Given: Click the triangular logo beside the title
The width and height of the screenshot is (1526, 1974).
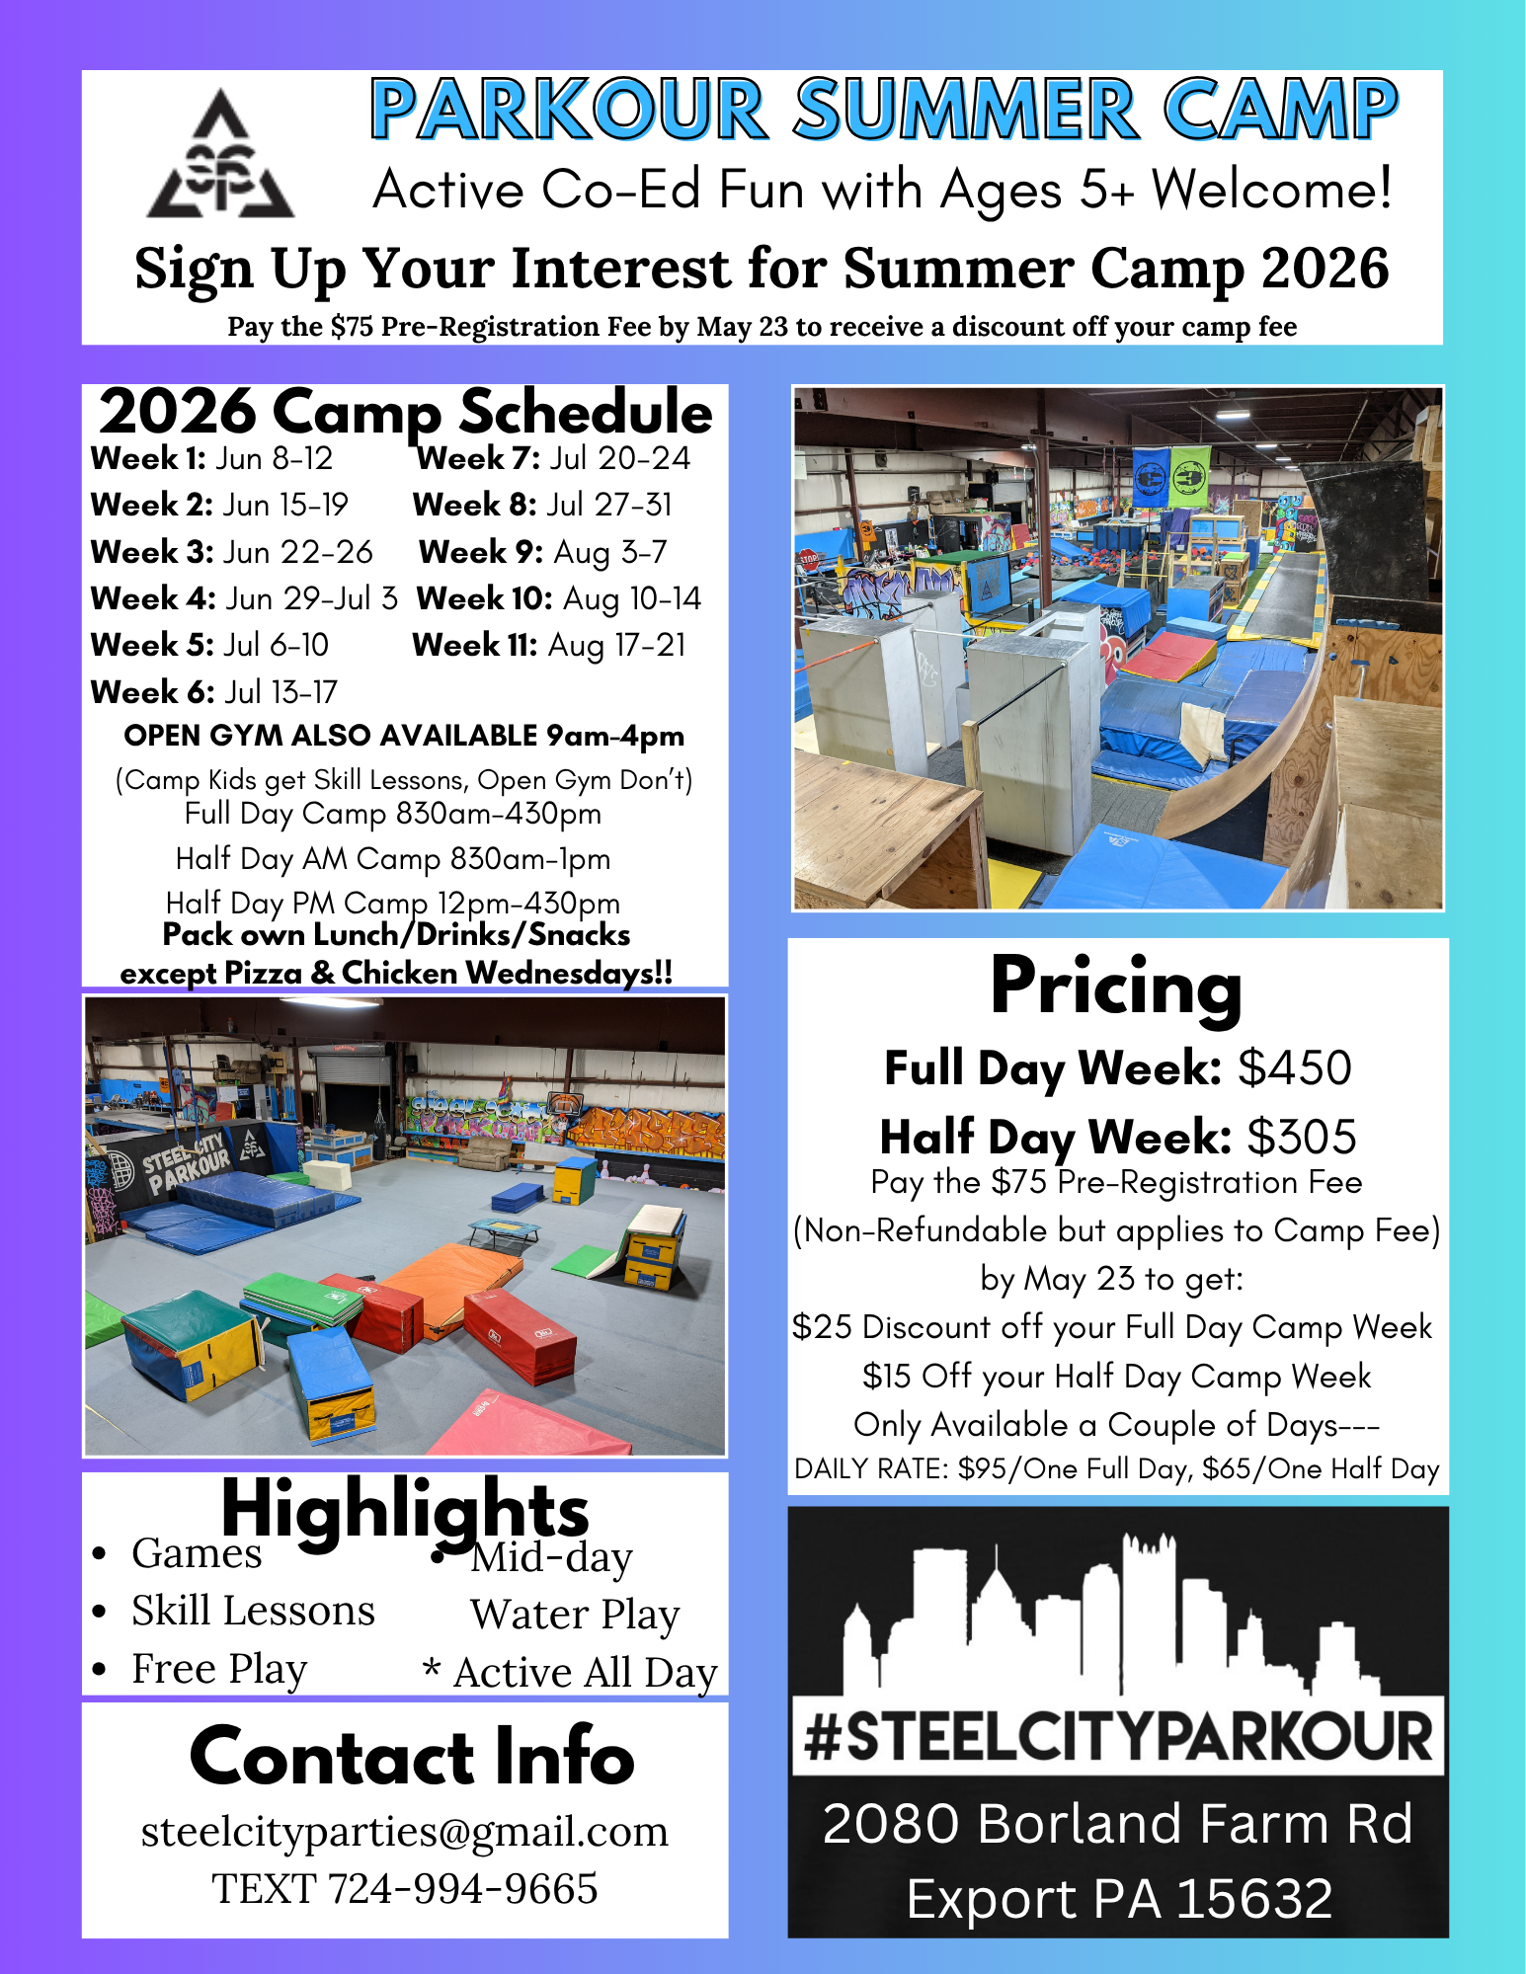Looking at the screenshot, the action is tap(220, 154).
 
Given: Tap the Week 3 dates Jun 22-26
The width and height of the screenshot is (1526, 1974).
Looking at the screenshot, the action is tap(298, 551).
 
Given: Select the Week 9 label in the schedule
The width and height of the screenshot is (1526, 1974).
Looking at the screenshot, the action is tap(481, 551).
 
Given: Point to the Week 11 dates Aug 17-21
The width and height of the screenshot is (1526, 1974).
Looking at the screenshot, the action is tap(616, 645).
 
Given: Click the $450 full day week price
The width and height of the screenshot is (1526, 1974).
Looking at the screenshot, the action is tap(1295, 1067).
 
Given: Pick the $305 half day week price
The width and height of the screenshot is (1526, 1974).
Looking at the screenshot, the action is tap(1302, 1137).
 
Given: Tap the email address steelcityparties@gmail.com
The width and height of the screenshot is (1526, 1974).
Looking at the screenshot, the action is tap(405, 1832).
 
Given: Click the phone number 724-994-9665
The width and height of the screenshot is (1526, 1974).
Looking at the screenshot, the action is tap(462, 1889).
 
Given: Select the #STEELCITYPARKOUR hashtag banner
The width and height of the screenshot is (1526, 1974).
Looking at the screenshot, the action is tap(1118, 1737).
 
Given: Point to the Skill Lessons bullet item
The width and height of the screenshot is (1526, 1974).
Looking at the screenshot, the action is tap(253, 1611).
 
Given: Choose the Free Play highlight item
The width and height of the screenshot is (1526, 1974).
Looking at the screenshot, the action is tap(219, 1669).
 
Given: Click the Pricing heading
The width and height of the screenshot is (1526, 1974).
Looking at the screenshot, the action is tap(1117, 987).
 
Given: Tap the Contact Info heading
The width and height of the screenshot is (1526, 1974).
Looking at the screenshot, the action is tap(412, 1758).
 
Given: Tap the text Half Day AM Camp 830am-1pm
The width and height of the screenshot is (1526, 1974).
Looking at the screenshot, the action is tap(393, 859).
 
